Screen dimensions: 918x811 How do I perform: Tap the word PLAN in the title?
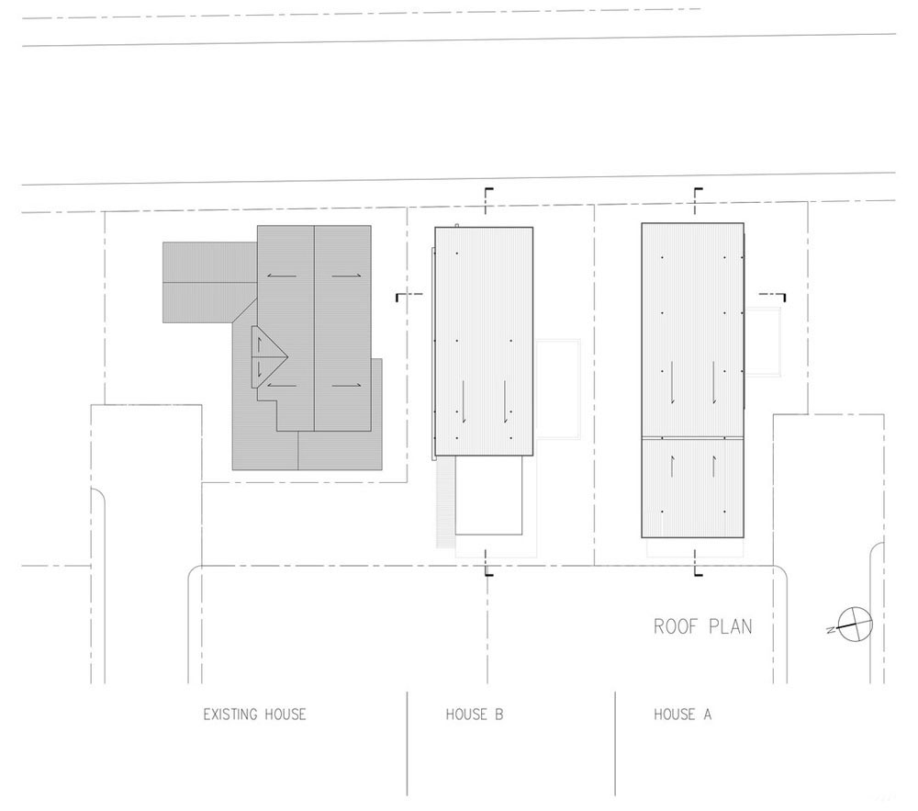click(731, 626)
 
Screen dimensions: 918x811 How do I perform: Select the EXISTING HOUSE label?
click(254, 715)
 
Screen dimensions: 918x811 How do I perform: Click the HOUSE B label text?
click(475, 715)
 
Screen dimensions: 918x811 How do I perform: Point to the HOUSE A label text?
click(683, 715)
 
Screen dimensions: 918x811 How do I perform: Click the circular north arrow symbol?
click(856, 625)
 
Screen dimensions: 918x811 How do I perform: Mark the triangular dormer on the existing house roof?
click(269, 356)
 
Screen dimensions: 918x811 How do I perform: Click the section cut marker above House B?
click(487, 201)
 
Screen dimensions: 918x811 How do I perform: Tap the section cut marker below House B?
click(487, 563)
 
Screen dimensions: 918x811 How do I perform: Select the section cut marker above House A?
click(697, 201)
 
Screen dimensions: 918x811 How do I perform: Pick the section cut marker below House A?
click(697, 563)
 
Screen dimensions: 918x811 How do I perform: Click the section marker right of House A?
click(772, 296)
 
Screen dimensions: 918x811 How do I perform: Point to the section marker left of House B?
click(409, 296)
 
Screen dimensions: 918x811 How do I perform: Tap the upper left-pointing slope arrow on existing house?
click(282, 276)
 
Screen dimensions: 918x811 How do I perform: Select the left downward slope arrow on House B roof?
click(464, 401)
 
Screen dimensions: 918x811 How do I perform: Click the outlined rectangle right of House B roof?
click(558, 389)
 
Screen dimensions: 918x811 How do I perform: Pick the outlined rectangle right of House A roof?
click(764, 341)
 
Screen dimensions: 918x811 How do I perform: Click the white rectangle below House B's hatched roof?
click(488, 495)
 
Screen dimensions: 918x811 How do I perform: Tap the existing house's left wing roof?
click(209, 282)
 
